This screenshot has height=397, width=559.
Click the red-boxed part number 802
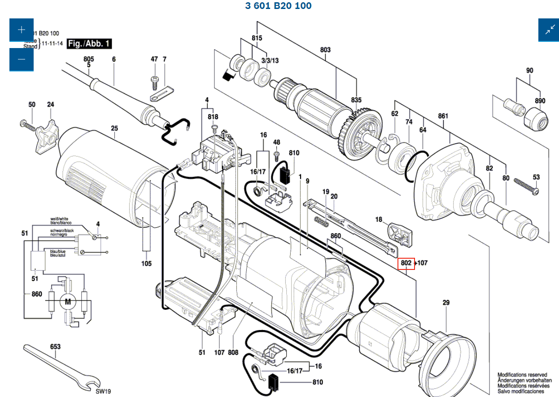coord(406,263)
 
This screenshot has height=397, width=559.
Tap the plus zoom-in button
coord(22,30)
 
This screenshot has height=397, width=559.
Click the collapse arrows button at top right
coord(550,30)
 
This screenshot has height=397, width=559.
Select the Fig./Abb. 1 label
coord(89,44)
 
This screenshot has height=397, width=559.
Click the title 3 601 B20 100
coord(278,6)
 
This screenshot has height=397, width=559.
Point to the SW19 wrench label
coord(103,391)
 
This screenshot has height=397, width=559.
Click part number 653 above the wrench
coord(55,347)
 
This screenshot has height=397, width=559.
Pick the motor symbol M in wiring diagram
coord(68,302)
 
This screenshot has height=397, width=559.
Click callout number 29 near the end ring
coord(445,303)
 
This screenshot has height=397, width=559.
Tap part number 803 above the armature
coord(325,49)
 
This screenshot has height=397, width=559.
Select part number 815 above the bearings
coord(257,38)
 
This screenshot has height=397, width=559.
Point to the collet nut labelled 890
coord(535,118)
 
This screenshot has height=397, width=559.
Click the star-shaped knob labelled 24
coord(47,133)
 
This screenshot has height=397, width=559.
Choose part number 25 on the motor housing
coord(114,128)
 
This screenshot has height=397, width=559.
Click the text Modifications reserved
coord(522,375)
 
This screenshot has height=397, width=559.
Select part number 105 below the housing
coord(146,264)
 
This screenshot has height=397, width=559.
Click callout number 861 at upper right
coord(443,116)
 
